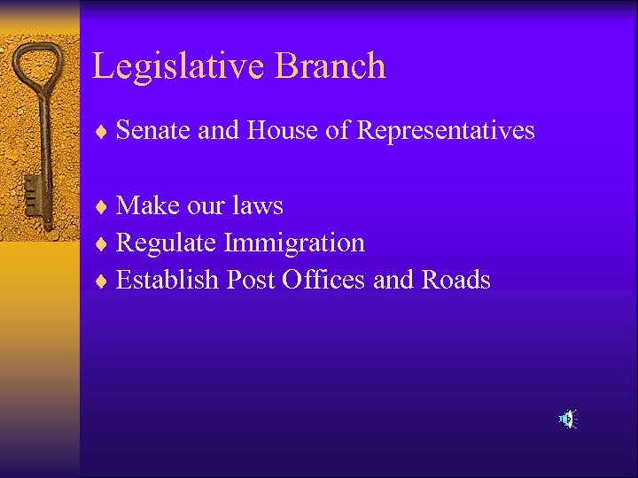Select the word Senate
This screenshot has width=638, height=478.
pos(153,131)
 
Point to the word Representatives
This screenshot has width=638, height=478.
pos(446,131)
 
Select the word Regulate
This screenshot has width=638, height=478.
pos(167,243)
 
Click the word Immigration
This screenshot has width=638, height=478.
pos(294,243)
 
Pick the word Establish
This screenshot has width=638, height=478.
pos(167,280)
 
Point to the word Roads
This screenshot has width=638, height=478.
pos(455,280)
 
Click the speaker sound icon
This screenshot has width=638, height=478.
pos(567,419)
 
